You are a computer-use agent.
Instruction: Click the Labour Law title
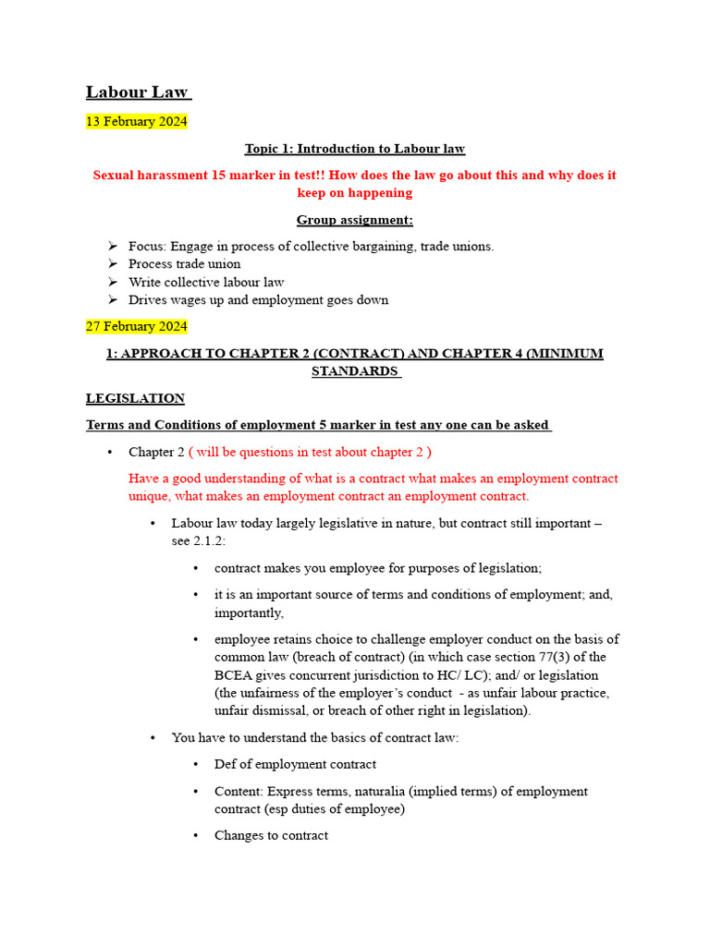click(137, 92)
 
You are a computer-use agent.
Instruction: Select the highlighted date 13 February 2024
click(136, 121)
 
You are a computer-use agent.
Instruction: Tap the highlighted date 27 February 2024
click(136, 326)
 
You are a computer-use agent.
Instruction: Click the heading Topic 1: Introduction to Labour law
click(354, 149)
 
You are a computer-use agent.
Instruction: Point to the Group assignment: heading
click(354, 220)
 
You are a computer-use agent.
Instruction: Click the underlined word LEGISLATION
click(135, 398)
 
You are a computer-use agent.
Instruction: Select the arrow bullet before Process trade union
click(112, 264)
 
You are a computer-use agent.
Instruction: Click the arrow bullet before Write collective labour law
click(112, 282)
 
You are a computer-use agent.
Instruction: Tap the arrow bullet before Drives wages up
click(112, 300)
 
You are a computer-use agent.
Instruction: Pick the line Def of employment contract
click(295, 764)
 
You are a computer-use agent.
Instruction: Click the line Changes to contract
click(271, 835)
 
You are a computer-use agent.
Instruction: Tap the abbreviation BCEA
click(235, 675)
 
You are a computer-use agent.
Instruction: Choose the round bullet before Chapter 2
click(111, 452)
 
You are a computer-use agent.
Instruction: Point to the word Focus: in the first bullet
click(146, 246)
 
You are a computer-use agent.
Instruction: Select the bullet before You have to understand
click(153, 737)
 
